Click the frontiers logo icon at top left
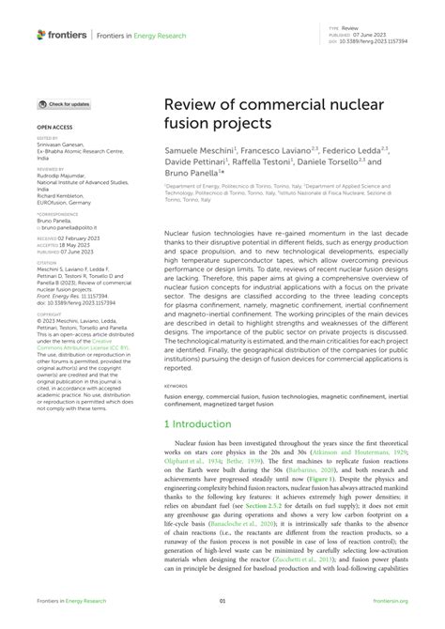(42, 34)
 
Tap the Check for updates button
(65, 104)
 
